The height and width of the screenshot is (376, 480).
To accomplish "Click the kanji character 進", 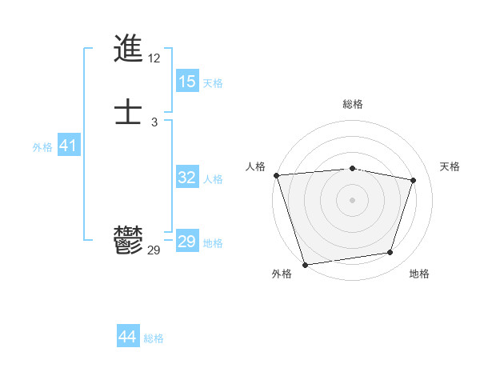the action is (x=128, y=50).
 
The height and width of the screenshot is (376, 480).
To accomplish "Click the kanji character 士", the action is (x=128, y=112).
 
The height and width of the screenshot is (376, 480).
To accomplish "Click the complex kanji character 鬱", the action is (x=128, y=240).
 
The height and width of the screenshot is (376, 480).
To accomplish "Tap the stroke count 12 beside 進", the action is (x=154, y=58).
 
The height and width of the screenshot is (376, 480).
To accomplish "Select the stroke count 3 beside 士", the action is (x=154, y=122).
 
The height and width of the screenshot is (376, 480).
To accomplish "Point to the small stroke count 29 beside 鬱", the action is (x=154, y=250).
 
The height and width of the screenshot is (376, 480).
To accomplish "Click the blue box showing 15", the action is (x=187, y=82).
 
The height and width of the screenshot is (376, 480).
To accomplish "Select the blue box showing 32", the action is (x=187, y=178).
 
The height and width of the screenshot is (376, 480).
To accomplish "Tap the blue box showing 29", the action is (x=187, y=242).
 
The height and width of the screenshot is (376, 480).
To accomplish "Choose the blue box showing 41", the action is (x=68, y=146).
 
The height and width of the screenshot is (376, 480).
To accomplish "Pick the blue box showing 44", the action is (x=128, y=337).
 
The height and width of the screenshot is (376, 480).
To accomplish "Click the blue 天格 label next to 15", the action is (x=213, y=82).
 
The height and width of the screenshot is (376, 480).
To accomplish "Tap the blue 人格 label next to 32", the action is (x=213, y=179).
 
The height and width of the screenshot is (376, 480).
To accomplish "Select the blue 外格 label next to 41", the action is (x=42, y=147).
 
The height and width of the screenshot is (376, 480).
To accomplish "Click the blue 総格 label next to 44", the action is (x=154, y=338).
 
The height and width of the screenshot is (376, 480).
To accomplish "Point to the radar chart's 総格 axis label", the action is (x=352, y=104).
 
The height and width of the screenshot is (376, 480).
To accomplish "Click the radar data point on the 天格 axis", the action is (x=414, y=180).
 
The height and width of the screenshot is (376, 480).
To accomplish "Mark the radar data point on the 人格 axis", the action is (x=276, y=175).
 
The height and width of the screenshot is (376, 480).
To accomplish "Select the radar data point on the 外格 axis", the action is (x=305, y=264).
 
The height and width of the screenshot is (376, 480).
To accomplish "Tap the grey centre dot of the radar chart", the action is (x=352, y=199).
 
